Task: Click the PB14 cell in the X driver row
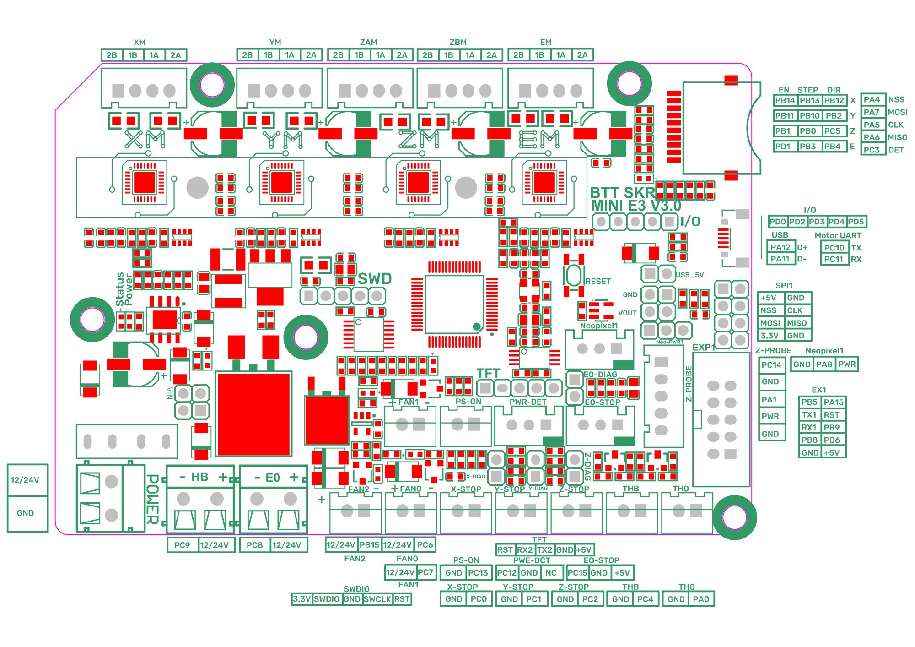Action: click(785, 100)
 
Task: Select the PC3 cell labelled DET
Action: click(872, 150)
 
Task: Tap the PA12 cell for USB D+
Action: click(780, 247)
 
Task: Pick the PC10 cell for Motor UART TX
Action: click(834, 248)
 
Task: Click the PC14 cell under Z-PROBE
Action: click(771, 365)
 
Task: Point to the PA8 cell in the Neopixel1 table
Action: click(824, 364)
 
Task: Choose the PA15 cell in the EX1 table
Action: click(834, 402)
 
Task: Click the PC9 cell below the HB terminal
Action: click(182, 545)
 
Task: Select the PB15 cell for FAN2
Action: click(369, 544)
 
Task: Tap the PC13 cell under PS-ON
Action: click(478, 572)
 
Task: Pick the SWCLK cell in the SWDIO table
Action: click(377, 599)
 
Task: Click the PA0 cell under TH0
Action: click(701, 599)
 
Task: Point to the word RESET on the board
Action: click(598, 281)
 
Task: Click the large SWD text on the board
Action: click(375, 278)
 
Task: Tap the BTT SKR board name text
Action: click(622, 193)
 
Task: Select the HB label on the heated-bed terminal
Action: click(200, 477)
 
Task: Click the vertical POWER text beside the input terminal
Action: click(152, 499)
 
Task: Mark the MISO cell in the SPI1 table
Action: click(797, 323)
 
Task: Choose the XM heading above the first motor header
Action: click(140, 42)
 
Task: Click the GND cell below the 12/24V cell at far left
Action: click(25, 513)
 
